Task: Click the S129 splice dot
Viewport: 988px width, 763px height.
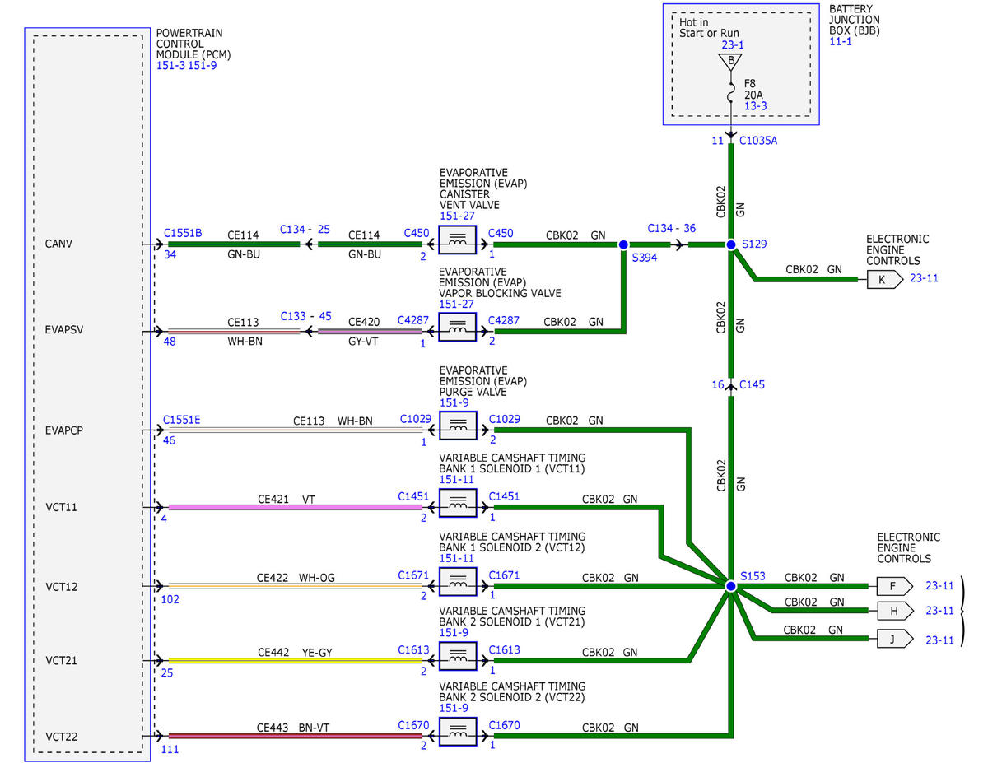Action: (730, 245)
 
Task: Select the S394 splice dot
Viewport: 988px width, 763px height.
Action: (623, 245)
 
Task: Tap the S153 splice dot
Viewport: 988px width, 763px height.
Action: (730, 586)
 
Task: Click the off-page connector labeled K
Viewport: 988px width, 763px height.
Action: (884, 280)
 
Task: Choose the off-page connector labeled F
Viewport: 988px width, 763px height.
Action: (894, 586)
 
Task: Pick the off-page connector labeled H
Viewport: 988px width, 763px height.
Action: (894, 611)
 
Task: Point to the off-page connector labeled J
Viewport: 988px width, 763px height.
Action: (894, 639)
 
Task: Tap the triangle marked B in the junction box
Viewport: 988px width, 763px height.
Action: (730, 62)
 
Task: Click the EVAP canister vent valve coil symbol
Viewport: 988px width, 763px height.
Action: (458, 240)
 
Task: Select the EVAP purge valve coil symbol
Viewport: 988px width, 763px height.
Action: (458, 426)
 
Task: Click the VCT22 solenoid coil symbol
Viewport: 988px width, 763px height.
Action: (458, 731)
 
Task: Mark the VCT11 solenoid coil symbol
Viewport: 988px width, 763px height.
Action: (458, 503)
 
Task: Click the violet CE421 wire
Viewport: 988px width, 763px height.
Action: (296, 507)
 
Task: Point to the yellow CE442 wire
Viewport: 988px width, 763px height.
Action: (296, 660)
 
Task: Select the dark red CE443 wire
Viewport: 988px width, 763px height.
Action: (296, 736)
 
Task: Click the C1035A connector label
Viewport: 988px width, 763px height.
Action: (758, 141)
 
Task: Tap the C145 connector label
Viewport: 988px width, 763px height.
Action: (752, 384)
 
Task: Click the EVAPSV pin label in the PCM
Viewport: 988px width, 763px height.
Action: (64, 329)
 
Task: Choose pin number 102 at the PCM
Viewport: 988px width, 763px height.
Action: (170, 599)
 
